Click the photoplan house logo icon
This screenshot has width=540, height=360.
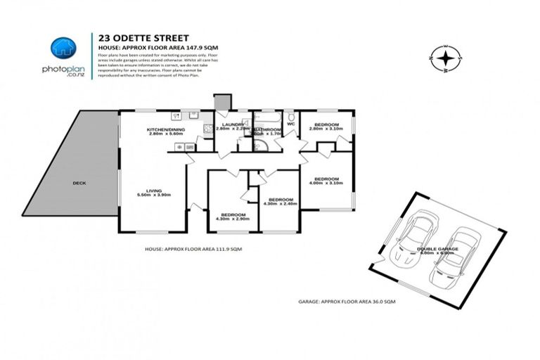tap(61, 48)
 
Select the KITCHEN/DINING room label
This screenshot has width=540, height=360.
tap(165, 131)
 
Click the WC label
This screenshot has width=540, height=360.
tap(290, 124)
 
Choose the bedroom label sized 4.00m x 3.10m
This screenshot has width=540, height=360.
tap(327, 181)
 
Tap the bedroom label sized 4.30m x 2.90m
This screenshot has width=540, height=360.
tap(233, 216)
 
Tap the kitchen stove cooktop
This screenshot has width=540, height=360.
tap(207, 129)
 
